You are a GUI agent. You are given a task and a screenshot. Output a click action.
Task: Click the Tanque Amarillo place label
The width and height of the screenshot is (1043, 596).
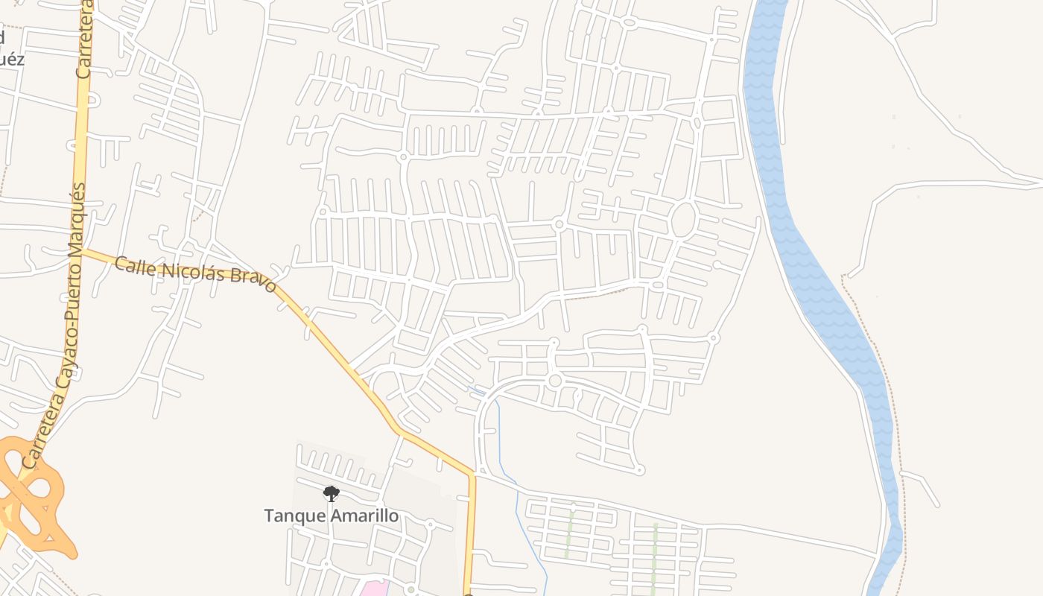(x=331, y=516)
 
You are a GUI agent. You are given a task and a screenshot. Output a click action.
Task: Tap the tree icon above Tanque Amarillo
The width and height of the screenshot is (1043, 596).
(x=332, y=493)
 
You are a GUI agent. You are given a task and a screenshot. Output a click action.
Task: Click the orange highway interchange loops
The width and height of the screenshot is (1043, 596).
(x=34, y=495)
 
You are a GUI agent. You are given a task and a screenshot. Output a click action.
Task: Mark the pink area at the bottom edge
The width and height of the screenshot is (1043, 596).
(x=375, y=589)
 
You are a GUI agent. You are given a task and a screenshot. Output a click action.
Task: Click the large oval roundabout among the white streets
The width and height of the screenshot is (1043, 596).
(x=682, y=220)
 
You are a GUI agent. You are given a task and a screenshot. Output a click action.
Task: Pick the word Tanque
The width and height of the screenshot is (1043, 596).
(x=290, y=516)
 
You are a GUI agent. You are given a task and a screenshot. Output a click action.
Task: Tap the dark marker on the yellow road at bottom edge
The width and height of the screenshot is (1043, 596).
(x=468, y=594)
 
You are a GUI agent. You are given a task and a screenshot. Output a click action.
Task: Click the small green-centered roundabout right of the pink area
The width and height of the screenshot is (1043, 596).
(x=410, y=590)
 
